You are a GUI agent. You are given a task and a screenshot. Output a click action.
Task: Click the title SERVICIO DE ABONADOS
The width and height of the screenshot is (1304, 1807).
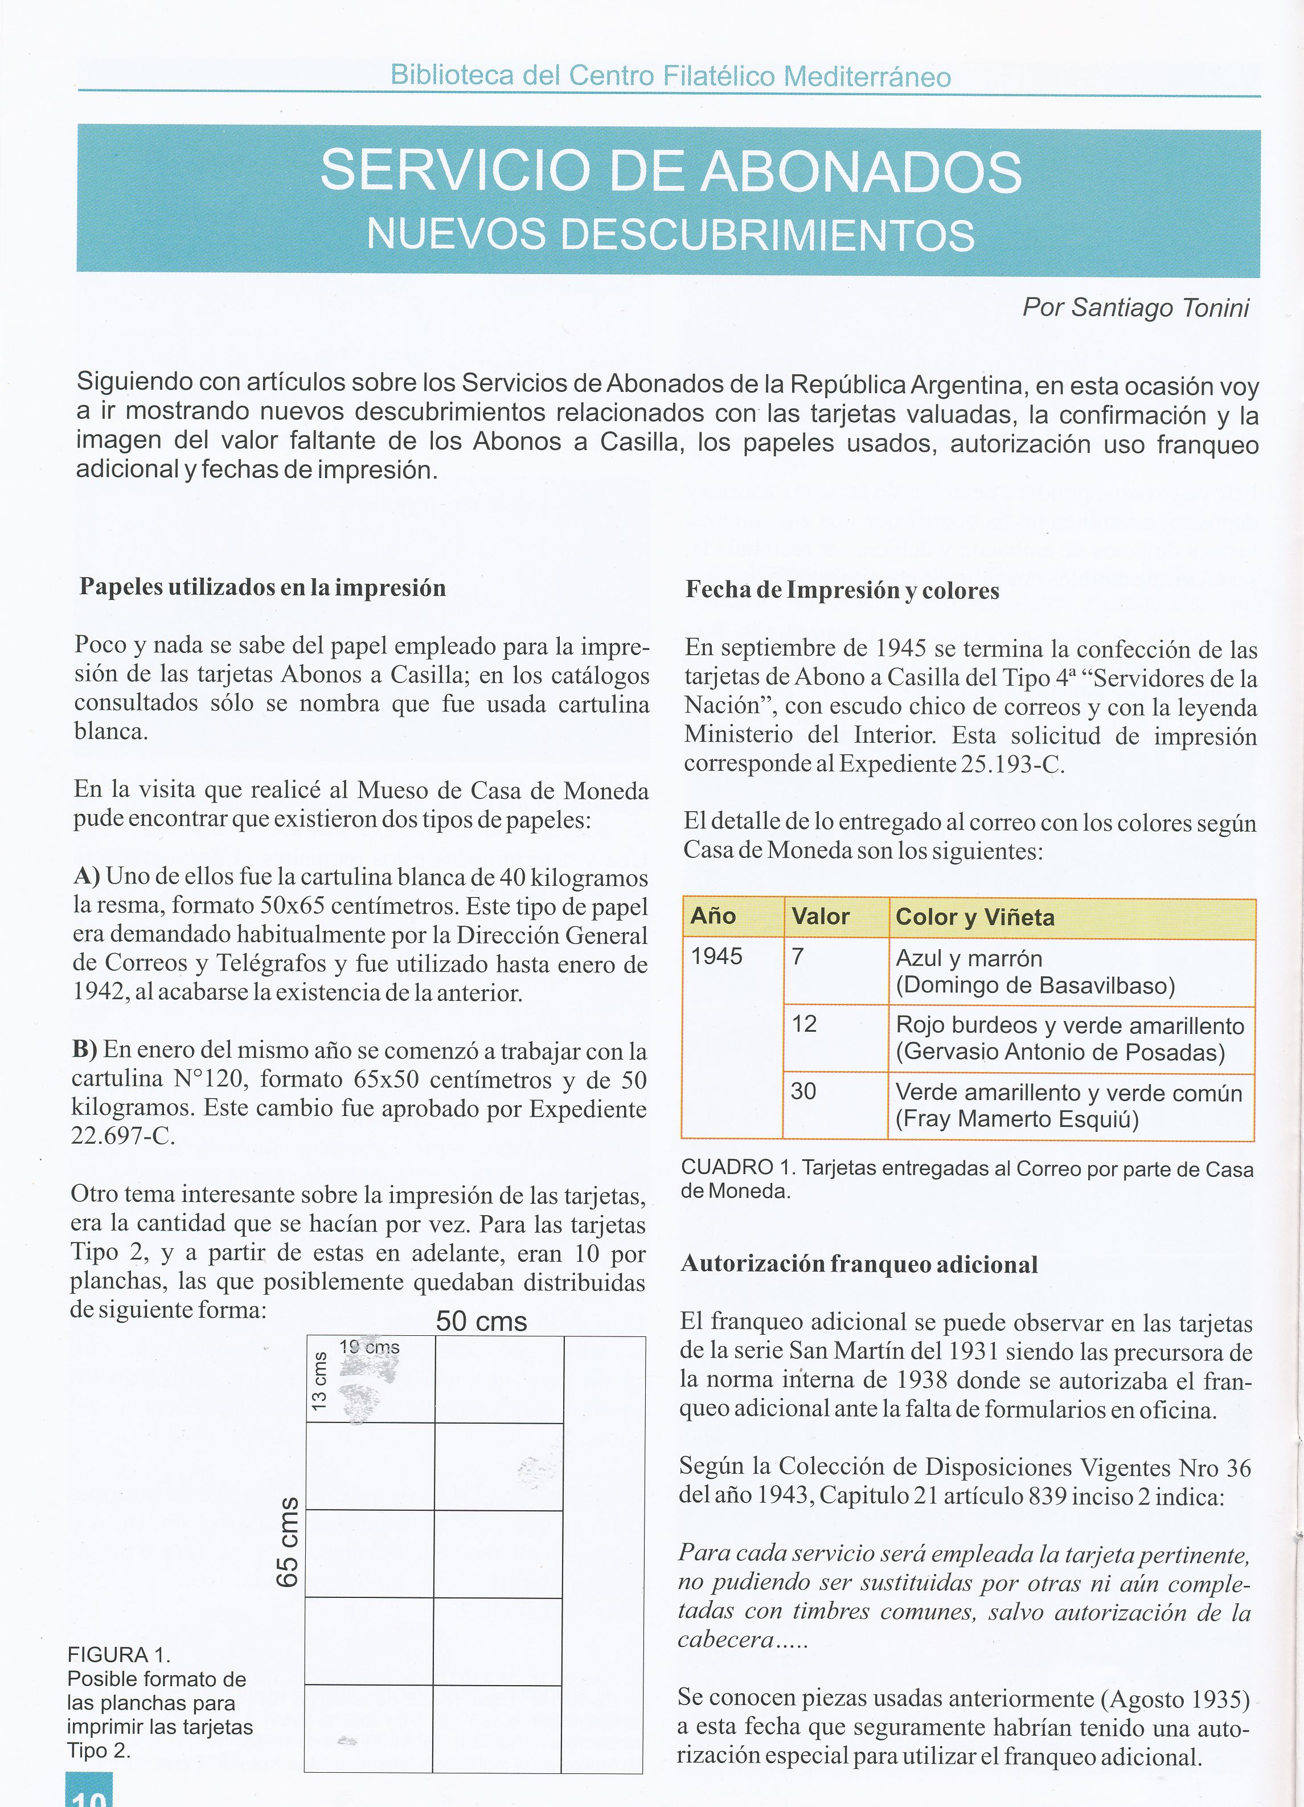click(x=671, y=172)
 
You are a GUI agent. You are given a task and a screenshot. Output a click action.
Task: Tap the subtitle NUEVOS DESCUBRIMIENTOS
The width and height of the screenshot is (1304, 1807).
click(x=671, y=235)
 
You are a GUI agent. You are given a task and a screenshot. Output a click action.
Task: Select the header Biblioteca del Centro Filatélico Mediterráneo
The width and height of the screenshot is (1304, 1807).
click(x=671, y=76)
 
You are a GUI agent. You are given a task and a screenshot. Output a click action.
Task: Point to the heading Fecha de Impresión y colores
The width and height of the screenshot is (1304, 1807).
click(x=842, y=590)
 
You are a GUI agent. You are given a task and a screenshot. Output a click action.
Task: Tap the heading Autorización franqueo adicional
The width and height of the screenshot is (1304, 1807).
click(x=859, y=1265)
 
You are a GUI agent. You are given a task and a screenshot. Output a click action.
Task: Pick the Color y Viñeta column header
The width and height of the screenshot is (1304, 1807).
click(x=974, y=917)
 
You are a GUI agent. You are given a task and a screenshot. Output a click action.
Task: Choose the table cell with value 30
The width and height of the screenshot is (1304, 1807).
click(x=803, y=1091)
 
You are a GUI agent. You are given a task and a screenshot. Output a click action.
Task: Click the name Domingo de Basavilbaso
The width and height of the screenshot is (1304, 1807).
click(x=1036, y=986)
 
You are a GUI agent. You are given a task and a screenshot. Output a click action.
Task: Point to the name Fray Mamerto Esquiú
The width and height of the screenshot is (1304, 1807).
click(x=1017, y=1119)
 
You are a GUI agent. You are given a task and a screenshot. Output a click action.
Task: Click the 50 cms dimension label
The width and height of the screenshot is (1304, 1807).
click(x=481, y=1322)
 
